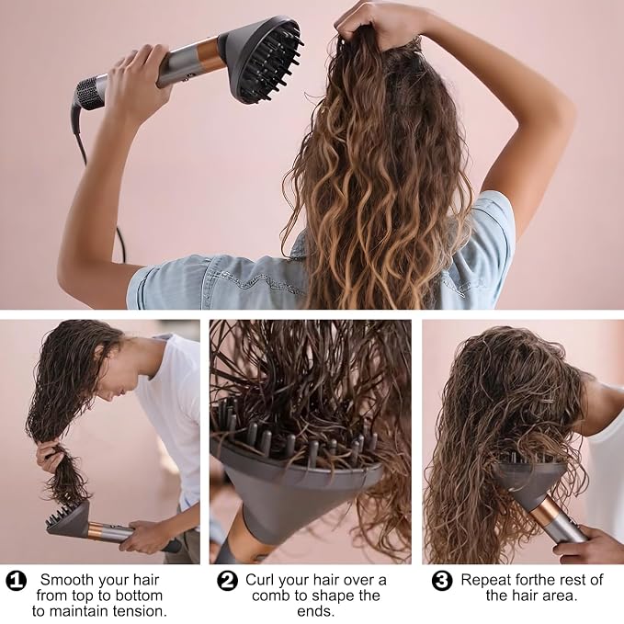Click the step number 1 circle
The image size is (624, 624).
click(17, 582)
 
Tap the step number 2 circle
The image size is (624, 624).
click(227, 581)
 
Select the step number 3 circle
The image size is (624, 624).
click(442, 581)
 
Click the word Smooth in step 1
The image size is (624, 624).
click(64, 580)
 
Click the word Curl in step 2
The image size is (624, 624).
click(258, 580)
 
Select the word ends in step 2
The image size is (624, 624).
click(315, 611)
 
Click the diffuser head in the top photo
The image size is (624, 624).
click(262, 59)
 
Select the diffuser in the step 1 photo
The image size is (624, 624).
click(68, 520)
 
